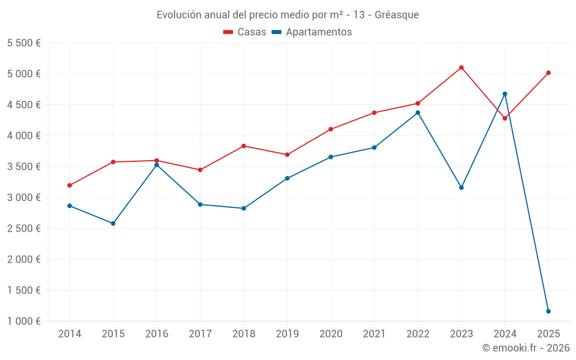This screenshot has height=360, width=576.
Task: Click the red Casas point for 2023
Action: click(x=461, y=67)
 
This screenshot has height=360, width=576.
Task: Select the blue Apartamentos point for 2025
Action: click(x=548, y=311)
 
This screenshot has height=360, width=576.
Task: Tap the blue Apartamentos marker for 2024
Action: click(x=505, y=94)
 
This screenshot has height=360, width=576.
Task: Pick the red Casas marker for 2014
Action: click(x=70, y=185)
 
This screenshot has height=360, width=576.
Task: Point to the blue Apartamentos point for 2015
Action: click(x=113, y=223)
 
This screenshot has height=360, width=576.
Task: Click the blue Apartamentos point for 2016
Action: click(x=157, y=165)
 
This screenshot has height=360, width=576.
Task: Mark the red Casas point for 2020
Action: click(x=331, y=129)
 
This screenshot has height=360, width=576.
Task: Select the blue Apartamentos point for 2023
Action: click(x=461, y=187)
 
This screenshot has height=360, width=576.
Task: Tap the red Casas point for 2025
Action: click(x=548, y=73)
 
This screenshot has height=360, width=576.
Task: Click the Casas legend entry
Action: click(x=245, y=32)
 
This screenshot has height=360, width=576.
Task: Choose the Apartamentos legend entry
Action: click(x=312, y=32)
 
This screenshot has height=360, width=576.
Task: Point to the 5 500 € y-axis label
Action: click(x=24, y=43)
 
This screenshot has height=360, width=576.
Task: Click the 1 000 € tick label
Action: click(x=24, y=321)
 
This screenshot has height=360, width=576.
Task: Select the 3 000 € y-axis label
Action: click(x=24, y=198)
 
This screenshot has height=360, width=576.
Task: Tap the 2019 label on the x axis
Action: click(x=287, y=334)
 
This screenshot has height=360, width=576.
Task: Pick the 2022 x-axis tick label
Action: click(x=418, y=334)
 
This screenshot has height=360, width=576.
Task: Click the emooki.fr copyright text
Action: click(x=525, y=348)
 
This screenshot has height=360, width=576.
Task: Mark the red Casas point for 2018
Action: click(x=244, y=146)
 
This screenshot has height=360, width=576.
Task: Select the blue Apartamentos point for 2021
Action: click(x=374, y=147)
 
